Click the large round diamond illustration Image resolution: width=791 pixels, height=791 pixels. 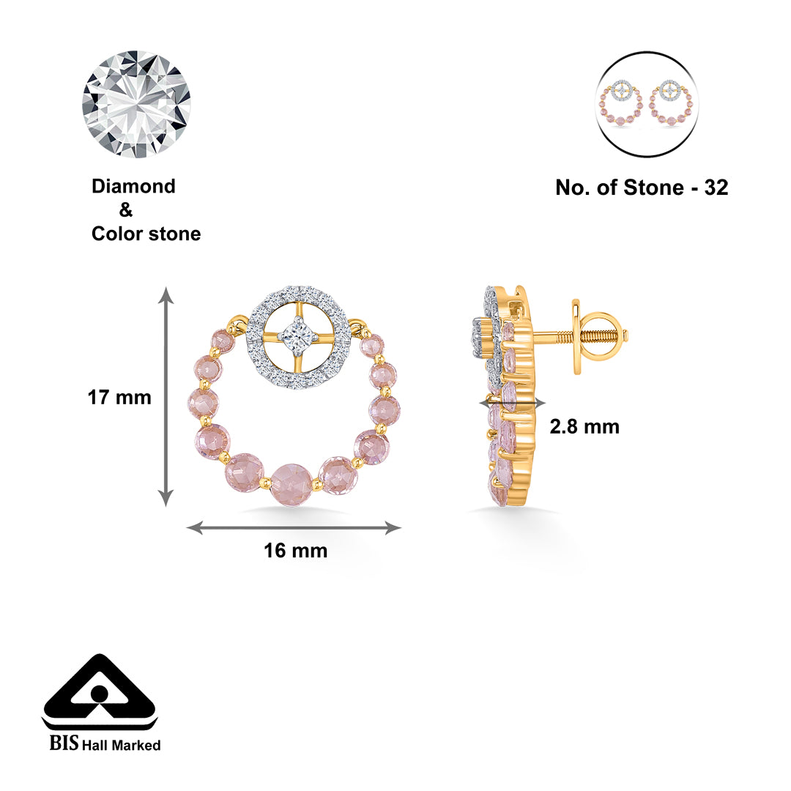tap(136, 104)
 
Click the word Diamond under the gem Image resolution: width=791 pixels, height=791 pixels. tap(133, 187)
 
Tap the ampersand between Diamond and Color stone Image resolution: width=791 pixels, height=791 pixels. tap(126, 211)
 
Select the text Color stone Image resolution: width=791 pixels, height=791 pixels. tap(146, 234)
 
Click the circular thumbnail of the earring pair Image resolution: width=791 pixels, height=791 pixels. tap(647, 104)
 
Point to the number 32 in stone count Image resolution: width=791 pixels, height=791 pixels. tap(716, 188)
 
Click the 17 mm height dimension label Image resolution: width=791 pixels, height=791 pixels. tap(119, 398)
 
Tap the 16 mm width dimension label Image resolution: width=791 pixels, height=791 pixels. tap(295, 551)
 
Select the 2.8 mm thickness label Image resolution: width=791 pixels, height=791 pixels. tap(584, 427)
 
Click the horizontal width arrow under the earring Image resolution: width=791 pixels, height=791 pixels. tap(294, 527)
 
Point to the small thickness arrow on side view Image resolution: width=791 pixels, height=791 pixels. tap(512, 402)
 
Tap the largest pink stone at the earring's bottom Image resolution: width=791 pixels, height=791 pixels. tap(290, 483)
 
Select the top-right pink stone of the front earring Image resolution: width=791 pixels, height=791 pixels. tap(372, 345)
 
